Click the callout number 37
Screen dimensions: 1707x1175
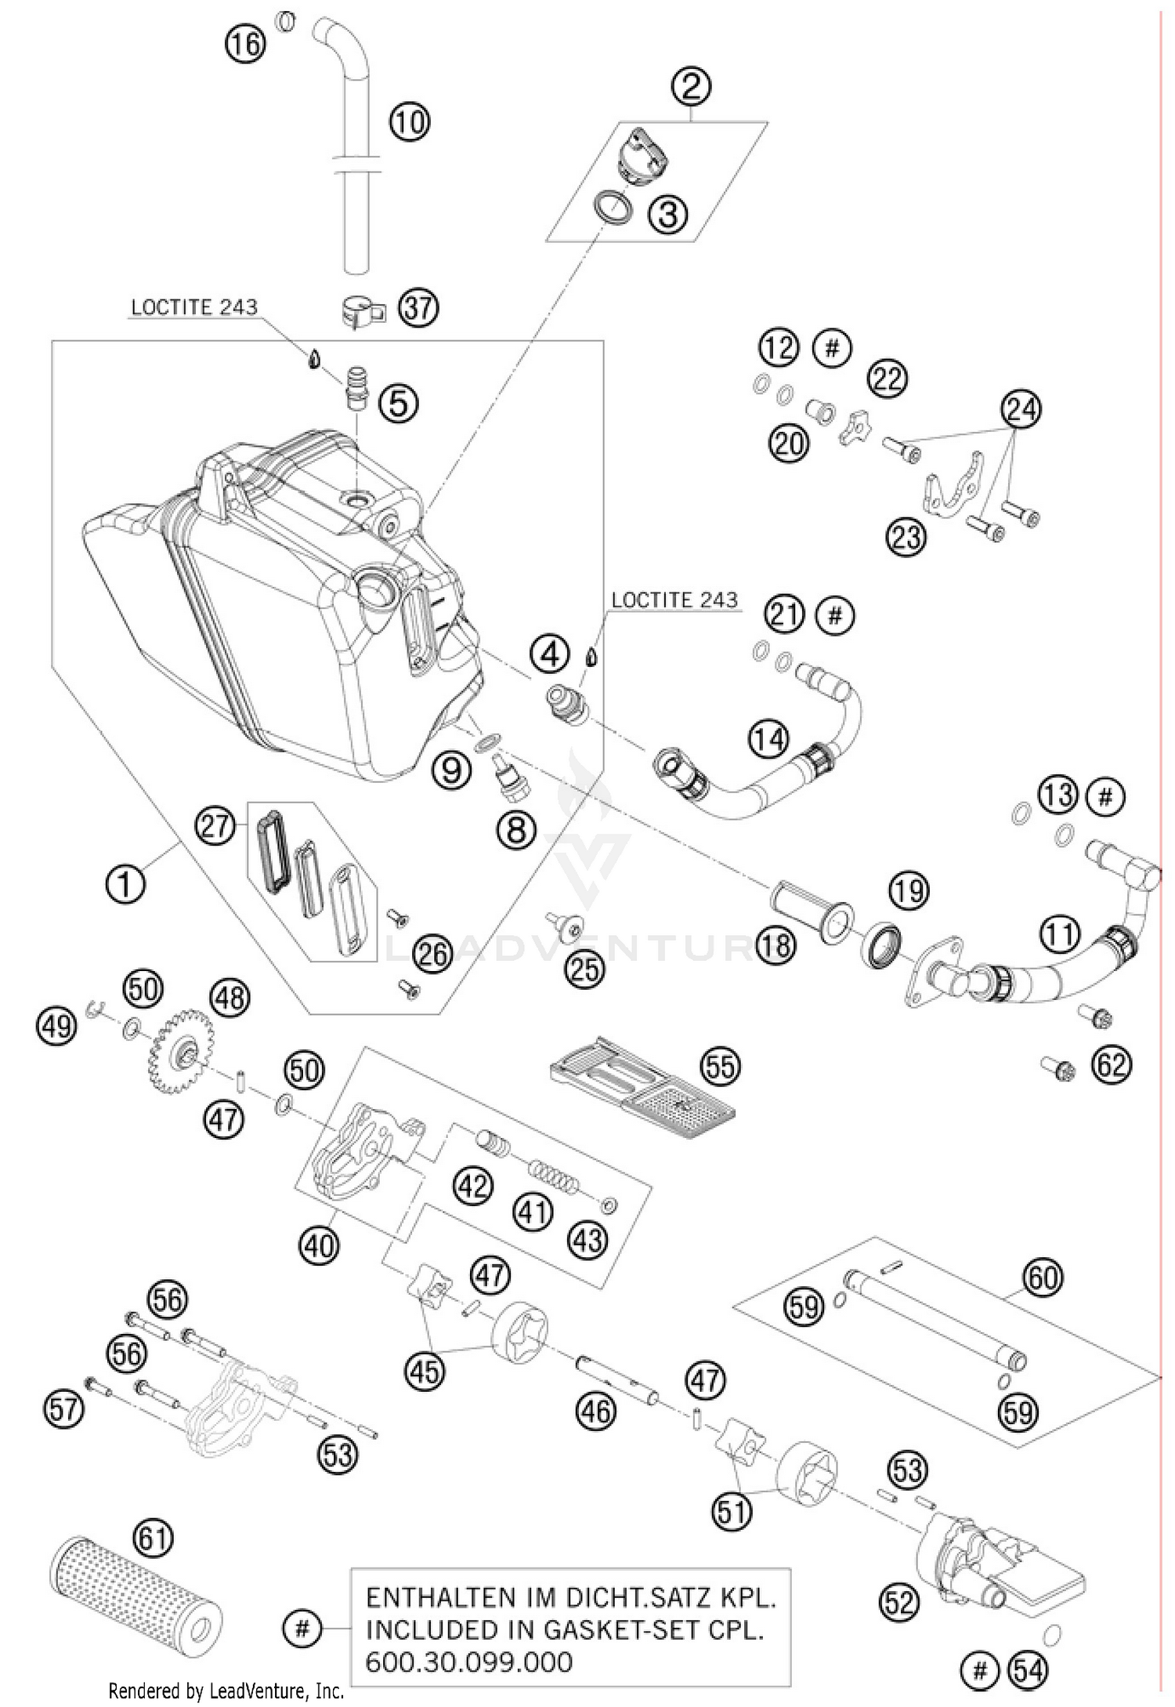418,308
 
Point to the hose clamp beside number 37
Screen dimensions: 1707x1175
363,311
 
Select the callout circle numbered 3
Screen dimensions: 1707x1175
667,213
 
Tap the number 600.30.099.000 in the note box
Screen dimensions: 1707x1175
469,1662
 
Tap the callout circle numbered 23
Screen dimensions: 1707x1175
906,538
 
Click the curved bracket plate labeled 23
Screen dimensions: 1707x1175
953,484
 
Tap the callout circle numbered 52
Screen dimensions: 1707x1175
899,1602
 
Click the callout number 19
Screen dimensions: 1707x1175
908,891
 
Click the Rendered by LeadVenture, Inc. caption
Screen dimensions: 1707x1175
226,1691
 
